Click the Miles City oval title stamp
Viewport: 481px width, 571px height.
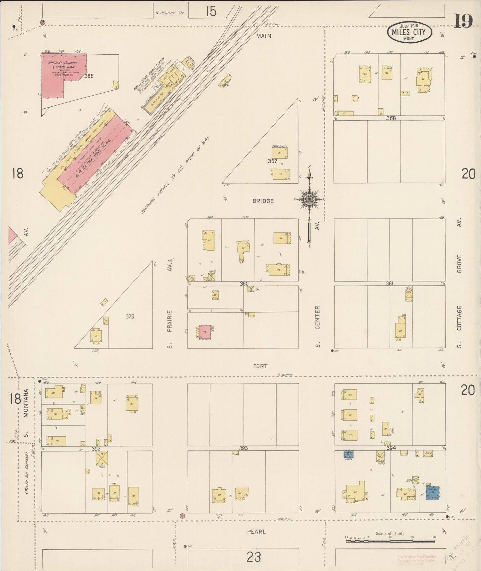click(409, 32)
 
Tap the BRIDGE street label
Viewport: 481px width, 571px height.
click(263, 201)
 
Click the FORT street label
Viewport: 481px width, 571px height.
click(260, 366)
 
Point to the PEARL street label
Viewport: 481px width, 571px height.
click(256, 531)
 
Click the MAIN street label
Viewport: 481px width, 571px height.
click(263, 36)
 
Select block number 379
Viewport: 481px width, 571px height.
click(129, 316)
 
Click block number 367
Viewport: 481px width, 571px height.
click(272, 161)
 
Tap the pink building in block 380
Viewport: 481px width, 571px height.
click(205, 332)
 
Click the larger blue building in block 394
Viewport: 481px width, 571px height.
click(432, 493)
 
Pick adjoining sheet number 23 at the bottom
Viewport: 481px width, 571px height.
click(254, 556)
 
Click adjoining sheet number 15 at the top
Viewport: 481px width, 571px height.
click(211, 11)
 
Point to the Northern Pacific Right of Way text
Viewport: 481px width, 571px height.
click(175, 175)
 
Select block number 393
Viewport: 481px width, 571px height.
click(243, 448)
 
